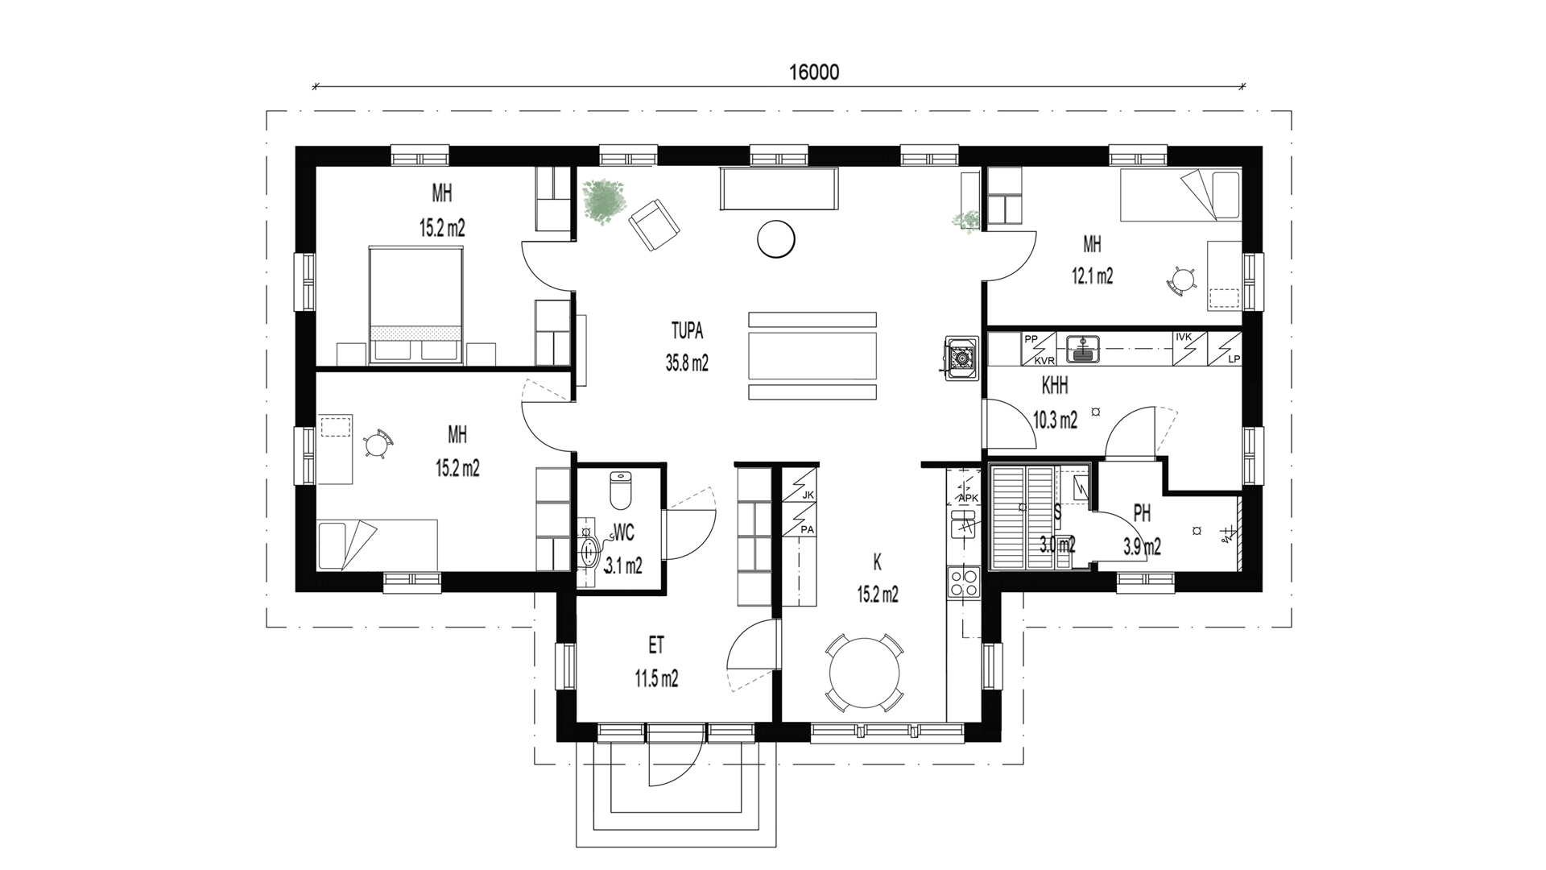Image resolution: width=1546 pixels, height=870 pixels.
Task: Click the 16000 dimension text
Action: click(x=813, y=72)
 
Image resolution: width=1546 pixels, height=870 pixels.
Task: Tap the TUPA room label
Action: click(x=687, y=330)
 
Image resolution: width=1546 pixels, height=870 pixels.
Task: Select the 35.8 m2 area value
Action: click(x=687, y=363)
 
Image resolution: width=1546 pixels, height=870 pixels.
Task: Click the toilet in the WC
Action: click(x=620, y=491)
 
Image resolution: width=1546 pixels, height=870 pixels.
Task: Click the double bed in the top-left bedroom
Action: click(x=416, y=305)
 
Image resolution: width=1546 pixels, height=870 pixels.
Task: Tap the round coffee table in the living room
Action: click(x=776, y=239)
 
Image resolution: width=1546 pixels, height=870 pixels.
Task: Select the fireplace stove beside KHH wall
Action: click(x=961, y=356)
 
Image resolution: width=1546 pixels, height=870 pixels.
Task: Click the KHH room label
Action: click(x=1055, y=387)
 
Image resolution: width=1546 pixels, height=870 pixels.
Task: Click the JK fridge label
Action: click(x=808, y=495)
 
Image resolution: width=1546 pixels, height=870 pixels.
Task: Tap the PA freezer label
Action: click(x=808, y=529)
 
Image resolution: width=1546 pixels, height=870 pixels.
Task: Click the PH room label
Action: click(x=1142, y=513)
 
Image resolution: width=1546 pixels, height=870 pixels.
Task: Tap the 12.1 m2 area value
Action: click(x=1092, y=276)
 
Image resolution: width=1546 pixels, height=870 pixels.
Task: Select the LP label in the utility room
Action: click(x=1234, y=360)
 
